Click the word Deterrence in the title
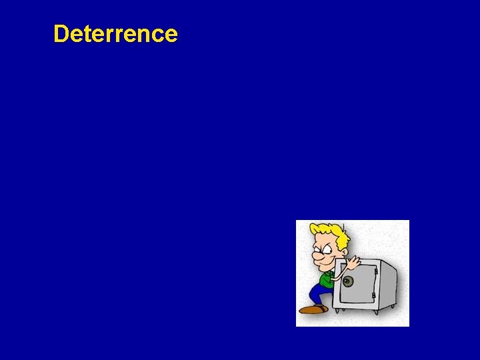(x=115, y=33)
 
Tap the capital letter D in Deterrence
(x=61, y=33)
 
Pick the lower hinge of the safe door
(x=374, y=295)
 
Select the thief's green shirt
(x=326, y=279)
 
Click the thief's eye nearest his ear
(x=327, y=250)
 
